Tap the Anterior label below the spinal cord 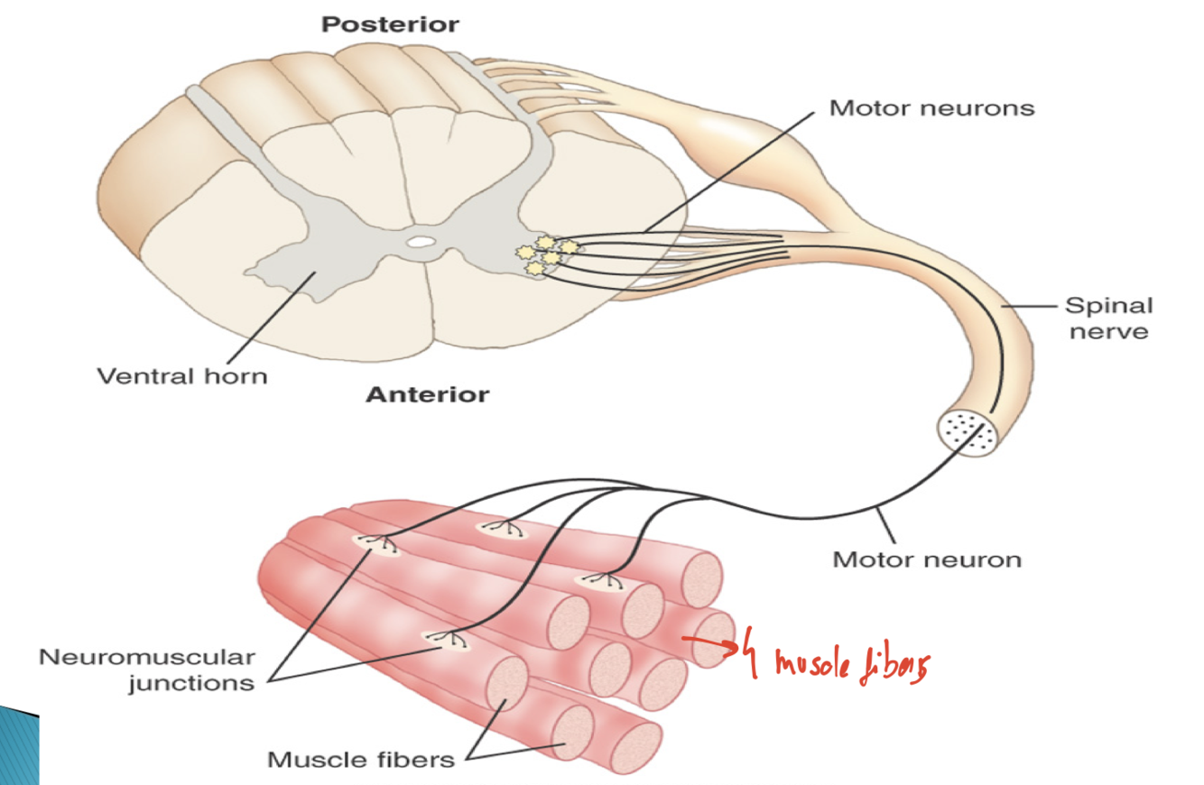click(x=427, y=394)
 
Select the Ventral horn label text click(x=182, y=374)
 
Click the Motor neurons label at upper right click(x=931, y=108)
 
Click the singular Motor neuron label click(x=927, y=559)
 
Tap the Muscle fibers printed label click(x=361, y=759)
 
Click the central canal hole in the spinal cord click(x=420, y=241)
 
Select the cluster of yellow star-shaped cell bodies click(x=546, y=254)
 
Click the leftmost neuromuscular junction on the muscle click(x=376, y=543)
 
